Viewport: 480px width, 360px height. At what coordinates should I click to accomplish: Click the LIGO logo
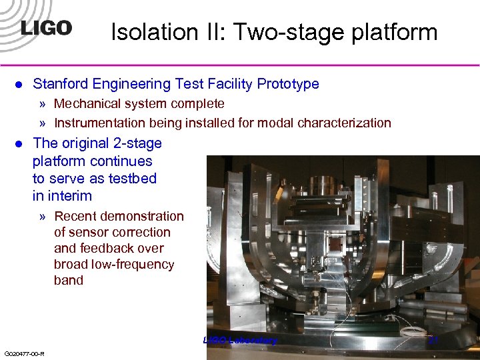(x=45, y=29)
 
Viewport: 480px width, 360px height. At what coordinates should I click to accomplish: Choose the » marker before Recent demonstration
(x=43, y=217)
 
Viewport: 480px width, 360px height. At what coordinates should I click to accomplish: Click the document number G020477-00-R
(x=24, y=353)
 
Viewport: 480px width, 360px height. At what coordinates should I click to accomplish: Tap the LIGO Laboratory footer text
(x=239, y=341)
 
